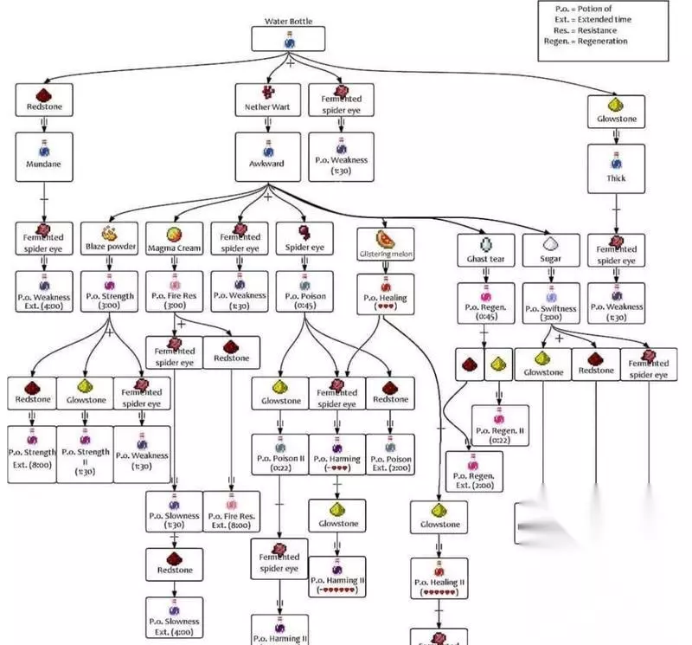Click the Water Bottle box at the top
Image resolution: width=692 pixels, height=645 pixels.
288,39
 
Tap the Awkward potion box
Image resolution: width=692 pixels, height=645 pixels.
267,157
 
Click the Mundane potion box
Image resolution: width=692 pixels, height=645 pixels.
44,157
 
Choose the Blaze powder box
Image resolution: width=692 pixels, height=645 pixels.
109,238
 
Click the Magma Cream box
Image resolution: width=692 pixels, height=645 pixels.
174,238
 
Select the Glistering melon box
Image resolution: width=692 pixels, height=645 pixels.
385,245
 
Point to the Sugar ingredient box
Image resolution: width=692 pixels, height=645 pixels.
550,250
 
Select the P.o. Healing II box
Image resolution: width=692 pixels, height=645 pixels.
439,577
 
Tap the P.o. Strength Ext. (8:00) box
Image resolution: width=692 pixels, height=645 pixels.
32,454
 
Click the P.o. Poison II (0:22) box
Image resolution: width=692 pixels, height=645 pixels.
279,454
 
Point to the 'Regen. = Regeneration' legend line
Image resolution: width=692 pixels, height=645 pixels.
586,42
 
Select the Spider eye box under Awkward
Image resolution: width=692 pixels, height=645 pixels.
304,238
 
